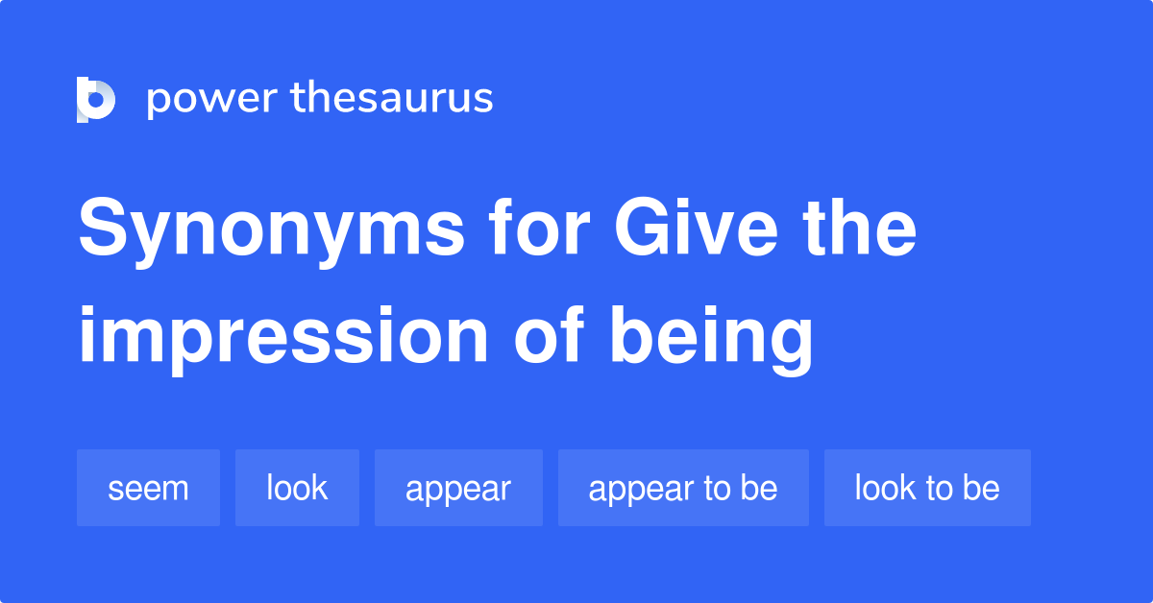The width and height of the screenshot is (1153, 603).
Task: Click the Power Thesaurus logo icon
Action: point(96,99)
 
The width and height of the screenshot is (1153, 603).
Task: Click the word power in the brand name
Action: point(210,99)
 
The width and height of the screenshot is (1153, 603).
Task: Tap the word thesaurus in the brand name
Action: point(392,99)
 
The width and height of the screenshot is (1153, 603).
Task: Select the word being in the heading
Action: point(712,338)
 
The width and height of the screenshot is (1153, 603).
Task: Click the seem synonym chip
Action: point(148,488)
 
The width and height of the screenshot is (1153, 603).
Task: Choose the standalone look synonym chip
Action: point(297,488)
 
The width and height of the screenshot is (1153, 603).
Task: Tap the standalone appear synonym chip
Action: point(458,488)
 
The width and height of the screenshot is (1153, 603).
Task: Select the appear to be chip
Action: point(683,488)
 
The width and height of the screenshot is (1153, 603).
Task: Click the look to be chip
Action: point(927,488)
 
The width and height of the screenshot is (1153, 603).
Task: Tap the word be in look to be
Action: point(981,488)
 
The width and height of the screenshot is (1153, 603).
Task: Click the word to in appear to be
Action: point(716,488)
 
